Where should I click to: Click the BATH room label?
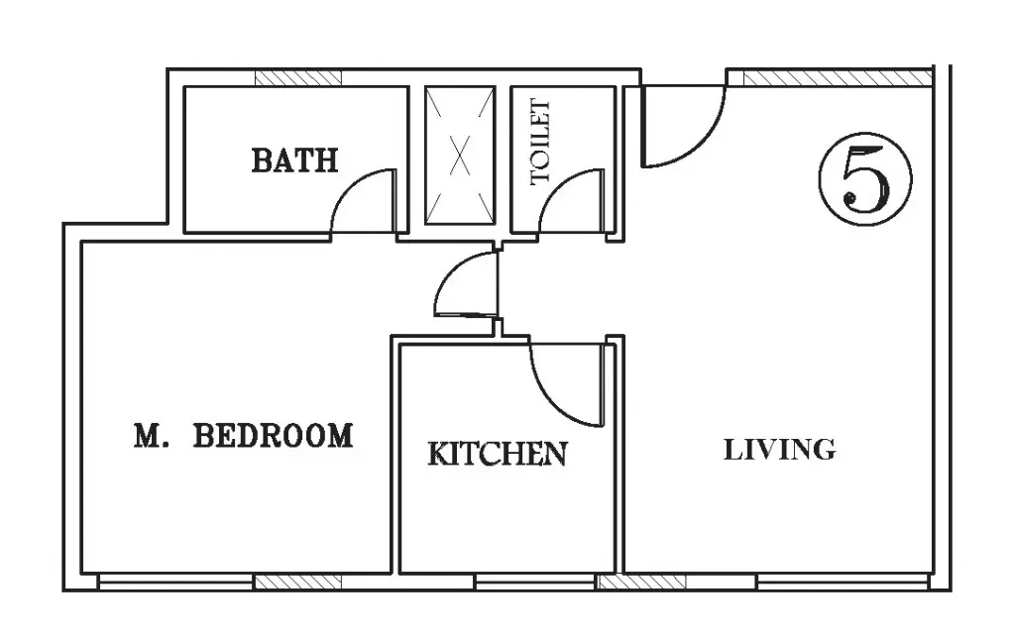click(x=294, y=160)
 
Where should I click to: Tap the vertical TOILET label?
click(x=540, y=142)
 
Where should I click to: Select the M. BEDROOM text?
click(x=244, y=436)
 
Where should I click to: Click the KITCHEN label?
click(x=498, y=454)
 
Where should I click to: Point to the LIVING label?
click(x=779, y=450)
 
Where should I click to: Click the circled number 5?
click(x=864, y=179)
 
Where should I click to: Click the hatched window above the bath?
click(x=297, y=77)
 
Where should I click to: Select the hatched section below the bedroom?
click(x=297, y=582)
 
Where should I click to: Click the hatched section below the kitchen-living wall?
click(x=641, y=582)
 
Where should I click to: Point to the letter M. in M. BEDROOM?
click(x=152, y=436)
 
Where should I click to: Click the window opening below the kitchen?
click(x=534, y=582)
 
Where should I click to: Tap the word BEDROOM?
click(x=274, y=436)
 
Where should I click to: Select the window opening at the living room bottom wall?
click(x=844, y=582)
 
